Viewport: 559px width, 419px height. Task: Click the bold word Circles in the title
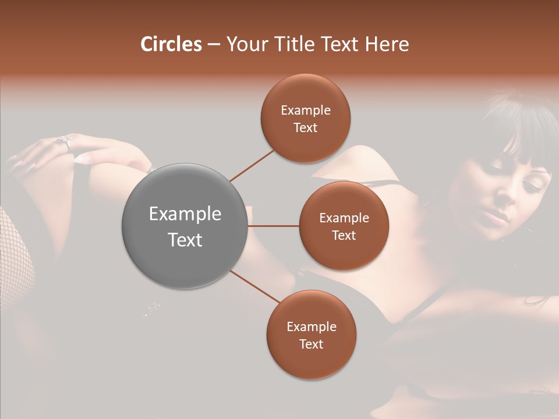coord(171,44)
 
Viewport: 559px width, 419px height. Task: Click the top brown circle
coord(306,118)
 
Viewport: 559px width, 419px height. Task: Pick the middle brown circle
coord(344,226)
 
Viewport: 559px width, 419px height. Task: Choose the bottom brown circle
coord(312,335)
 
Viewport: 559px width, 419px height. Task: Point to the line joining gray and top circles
coord(252,165)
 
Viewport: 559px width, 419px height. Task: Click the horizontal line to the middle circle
coord(274,226)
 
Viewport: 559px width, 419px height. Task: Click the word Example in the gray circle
coord(185,214)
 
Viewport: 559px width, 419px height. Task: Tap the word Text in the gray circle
coord(185,239)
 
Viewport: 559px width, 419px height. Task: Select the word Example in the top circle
coord(306,110)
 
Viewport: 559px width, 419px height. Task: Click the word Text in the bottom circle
coord(312,344)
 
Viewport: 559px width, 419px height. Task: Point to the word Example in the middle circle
coord(344,218)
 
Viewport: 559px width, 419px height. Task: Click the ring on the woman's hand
coord(65,140)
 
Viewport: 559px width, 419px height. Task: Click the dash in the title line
coord(214,45)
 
